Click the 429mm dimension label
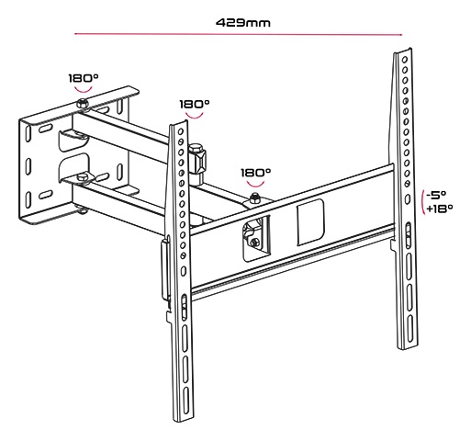[x=243, y=23]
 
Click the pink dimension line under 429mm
[x=239, y=34]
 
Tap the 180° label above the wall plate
[x=84, y=78]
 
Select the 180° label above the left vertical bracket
[x=195, y=104]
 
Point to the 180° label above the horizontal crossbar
[x=256, y=173]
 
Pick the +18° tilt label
[x=440, y=209]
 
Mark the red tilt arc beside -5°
[x=422, y=202]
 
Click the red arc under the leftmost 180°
[x=84, y=90]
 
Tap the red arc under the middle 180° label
[x=195, y=117]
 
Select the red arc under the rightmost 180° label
[x=256, y=185]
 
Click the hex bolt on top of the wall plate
[x=82, y=103]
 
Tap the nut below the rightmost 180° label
[x=254, y=198]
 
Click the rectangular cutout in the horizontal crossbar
[x=310, y=222]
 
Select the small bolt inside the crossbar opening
[x=254, y=243]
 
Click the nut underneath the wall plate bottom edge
[x=82, y=210]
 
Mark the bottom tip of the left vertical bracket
[x=184, y=422]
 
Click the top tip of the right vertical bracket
[x=409, y=49]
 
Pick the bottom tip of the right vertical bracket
[x=407, y=348]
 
